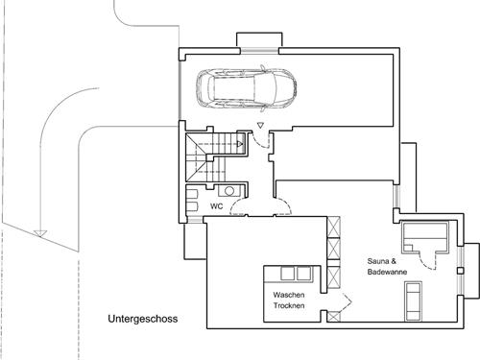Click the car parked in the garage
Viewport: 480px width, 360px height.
coord(247,88)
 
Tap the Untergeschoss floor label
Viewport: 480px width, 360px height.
coord(143,319)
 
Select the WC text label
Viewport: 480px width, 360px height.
coord(217,206)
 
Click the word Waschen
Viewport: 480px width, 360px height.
coord(289,295)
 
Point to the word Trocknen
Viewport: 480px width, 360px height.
coord(289,305)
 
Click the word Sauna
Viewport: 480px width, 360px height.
coord(378,261)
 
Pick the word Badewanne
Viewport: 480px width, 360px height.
coord(387,272)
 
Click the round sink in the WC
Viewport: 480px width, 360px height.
coord(229,191)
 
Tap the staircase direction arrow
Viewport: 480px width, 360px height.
coord(240,144)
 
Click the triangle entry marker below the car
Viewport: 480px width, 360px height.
coord(260,126)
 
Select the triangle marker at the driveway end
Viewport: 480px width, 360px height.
coord(40,233)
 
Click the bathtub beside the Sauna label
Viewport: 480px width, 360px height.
coord(413,301)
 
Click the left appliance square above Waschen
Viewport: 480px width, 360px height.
coord(287,274)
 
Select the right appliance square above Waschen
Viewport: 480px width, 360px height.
coord(303,274)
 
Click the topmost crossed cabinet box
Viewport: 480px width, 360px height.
coord(334,227)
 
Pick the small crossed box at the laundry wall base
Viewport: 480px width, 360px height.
coord(334,317)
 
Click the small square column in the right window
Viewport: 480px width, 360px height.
coord(460,271)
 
